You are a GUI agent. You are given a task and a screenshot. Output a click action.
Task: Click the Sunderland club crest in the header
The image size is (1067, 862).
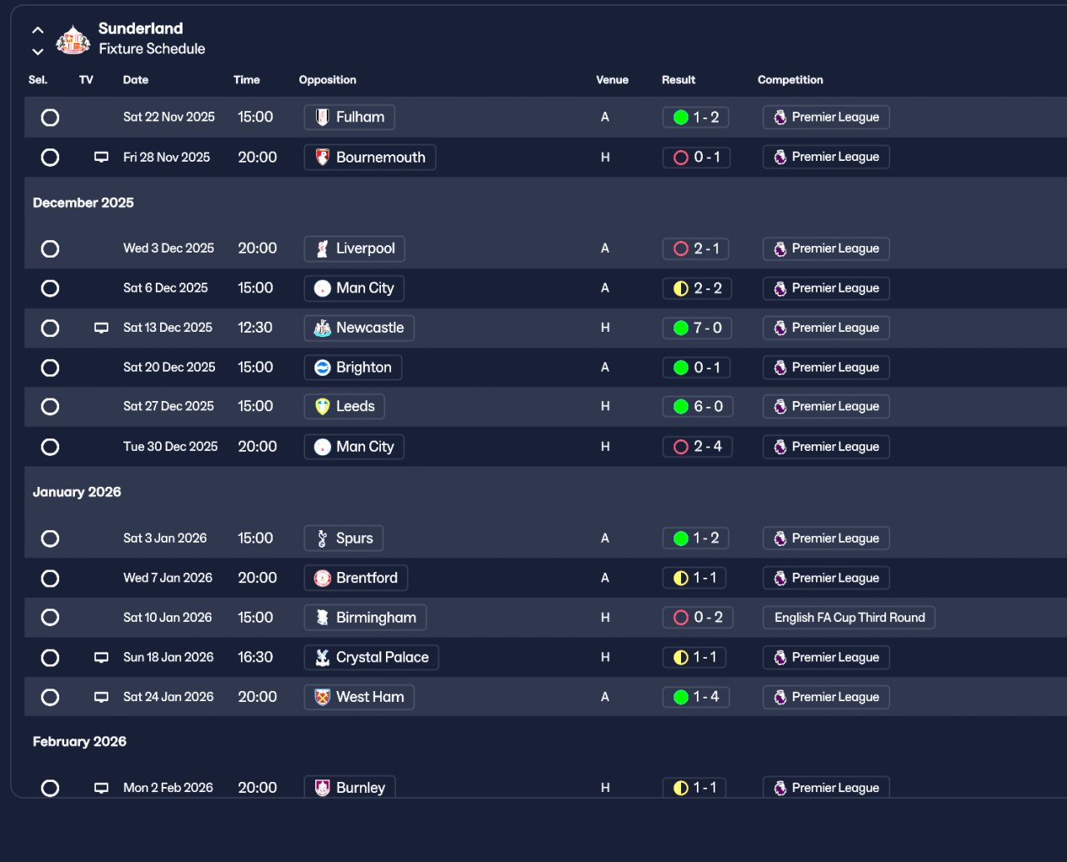pos(73,39)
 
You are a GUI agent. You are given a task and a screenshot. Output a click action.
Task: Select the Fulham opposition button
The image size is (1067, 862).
pos(349,118)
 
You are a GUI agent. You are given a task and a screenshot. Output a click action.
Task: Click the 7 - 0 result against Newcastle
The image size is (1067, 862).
pos(697,328)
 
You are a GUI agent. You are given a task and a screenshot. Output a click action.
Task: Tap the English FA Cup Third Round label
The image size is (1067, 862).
pos(849,618)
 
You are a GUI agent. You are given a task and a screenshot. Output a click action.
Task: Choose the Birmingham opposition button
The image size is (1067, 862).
pos(365,618)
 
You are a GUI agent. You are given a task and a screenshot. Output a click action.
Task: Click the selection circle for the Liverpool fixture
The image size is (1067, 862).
pos(50,248)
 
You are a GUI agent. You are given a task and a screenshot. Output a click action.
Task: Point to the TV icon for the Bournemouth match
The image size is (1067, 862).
pos(101,158)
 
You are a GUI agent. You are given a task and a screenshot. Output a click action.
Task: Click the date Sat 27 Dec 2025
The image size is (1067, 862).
pos(168,407)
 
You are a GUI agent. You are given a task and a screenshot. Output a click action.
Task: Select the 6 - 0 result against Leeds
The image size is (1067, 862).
pos(697,407)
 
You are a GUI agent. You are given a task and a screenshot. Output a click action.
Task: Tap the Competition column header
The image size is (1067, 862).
pos(789,80)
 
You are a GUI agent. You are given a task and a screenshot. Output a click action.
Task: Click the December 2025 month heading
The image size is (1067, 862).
pos(83,203)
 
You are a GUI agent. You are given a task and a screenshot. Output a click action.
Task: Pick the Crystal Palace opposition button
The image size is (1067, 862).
pos(371,658)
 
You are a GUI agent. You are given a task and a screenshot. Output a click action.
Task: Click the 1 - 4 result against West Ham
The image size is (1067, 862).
pos(696,697)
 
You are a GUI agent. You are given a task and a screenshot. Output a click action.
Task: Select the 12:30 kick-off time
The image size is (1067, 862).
pos(255,328)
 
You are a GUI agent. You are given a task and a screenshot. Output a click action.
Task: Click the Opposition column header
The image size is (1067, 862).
pos(327,80)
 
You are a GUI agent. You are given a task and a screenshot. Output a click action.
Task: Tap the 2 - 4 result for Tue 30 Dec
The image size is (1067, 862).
pos(697,447)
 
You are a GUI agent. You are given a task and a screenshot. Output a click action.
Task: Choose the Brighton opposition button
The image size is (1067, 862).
pos(353,368)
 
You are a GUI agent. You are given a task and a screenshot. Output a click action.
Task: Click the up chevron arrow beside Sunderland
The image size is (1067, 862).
pos(38,30)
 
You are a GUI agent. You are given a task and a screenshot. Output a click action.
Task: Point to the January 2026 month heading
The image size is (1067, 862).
pos(77,492)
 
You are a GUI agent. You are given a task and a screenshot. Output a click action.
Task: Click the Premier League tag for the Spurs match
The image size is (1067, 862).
pos(825,539)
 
